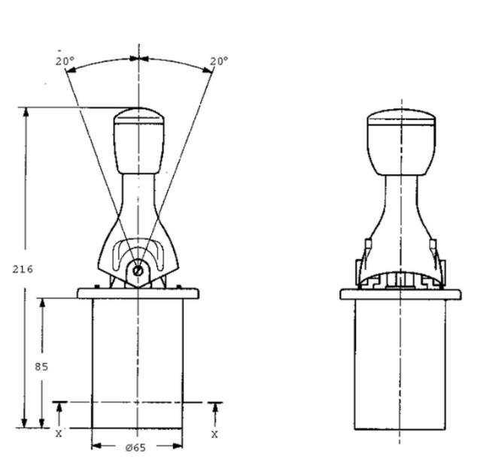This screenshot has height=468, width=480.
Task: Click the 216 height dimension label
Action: pyautogui.click(x=23, y=269)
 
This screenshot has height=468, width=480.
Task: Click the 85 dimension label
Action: pyautogui.click(x=41, y=367)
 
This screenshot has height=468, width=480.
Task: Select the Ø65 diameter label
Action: pyautogui.click(x=135, y=448)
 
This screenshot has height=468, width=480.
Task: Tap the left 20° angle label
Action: pyautogui.click(x=65, y=61)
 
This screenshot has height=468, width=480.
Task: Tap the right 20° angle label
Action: pyautogui.click(x=219, y=61)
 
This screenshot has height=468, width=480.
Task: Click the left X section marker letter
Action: pyautogui.click(x=59, y=433)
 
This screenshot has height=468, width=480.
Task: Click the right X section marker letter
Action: pyautogui.click(x=214, y=434)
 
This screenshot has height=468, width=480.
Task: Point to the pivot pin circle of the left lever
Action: pyautogui.click(x=138, y=270)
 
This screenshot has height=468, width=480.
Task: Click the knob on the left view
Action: pyautogui.click(x=139, y=140)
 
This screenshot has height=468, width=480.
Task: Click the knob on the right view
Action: pyautogui.click(x=401, y=142)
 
